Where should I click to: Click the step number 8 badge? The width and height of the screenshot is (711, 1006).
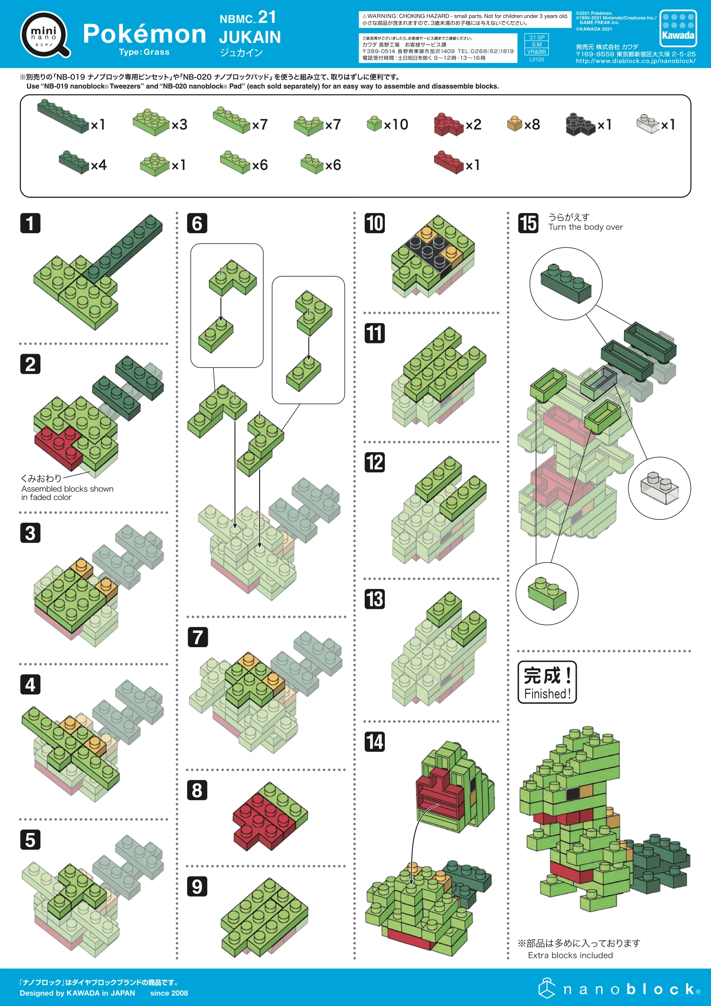[x=197, y=790]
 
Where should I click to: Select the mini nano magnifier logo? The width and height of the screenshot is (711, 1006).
[x=45, y=35]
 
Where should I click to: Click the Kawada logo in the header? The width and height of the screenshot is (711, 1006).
[x=678, y=28]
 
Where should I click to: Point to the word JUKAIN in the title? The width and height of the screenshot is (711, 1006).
[x=250, y=37]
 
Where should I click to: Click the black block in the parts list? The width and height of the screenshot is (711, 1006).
[x=580, y=124]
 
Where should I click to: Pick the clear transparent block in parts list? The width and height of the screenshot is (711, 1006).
[x=647, y=123]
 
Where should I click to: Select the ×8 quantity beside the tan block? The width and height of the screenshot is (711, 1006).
[x=532, y=124]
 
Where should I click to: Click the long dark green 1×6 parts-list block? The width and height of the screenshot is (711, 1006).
[x=63, y=116]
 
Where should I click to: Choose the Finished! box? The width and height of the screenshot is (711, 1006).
[x=547, y=682]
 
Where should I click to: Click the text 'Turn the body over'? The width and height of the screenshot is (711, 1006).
[x=585, y=227]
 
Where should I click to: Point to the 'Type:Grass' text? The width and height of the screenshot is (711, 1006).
[x=144, y=52]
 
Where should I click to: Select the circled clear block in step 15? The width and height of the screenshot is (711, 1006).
[x=659, y=488]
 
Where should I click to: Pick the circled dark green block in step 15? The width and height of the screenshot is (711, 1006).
[x=566, y=284]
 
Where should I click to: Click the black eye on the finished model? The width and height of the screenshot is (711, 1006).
[x=572, y=793]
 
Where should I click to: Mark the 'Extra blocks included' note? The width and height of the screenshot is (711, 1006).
[x=570, y=955]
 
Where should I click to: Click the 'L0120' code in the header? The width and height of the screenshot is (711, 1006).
[x=536, y=59]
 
